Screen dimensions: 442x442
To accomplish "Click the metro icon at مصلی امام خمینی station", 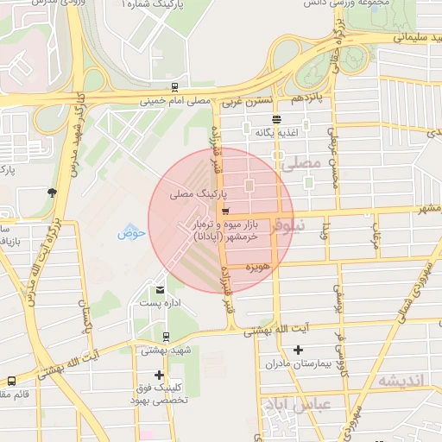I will point(175,87).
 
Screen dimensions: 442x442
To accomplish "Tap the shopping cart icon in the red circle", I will point(225,210).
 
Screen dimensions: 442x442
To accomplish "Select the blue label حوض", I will point(131,232).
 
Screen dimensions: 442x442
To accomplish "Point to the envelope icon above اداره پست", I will point(160,289).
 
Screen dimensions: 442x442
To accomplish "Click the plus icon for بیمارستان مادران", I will point(298,350).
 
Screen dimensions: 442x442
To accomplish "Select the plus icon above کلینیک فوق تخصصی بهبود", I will point(159,375).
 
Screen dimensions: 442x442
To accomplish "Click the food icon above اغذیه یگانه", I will point(276,120).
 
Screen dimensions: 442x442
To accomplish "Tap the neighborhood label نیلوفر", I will point(287,228).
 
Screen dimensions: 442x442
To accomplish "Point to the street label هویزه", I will point(258,268).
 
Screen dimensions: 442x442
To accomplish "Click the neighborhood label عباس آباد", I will point(294,404).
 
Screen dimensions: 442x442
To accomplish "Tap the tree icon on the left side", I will point(53,192).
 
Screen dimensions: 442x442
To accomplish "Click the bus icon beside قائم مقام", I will point(11,381).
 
